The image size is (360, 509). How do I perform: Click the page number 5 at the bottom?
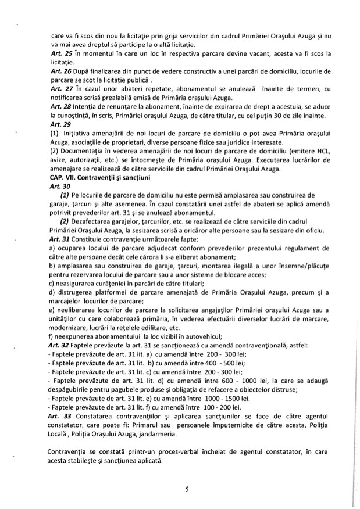187,489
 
